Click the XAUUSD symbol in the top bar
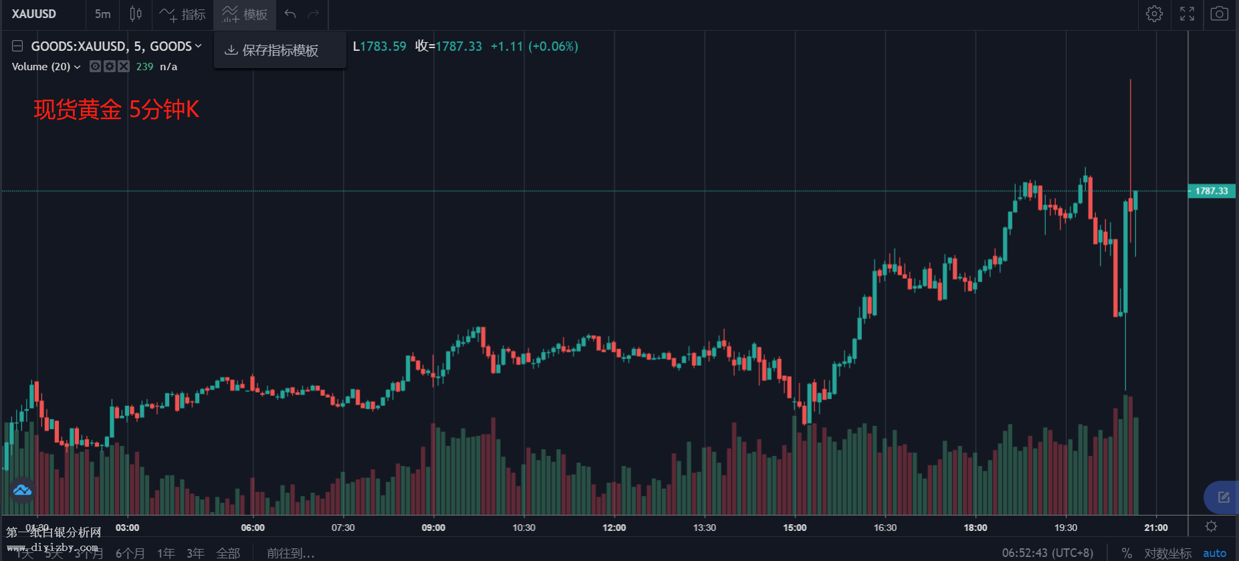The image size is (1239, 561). coord(34,14)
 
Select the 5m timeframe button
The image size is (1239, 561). coord(102,14)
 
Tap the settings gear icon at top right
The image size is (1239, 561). coord(1154,14)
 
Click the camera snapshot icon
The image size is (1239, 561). coord(1219,14)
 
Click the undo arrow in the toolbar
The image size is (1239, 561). coord(290,14)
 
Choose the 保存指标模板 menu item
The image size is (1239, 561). coord(279,50)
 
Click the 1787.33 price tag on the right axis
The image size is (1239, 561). coord(1211,191)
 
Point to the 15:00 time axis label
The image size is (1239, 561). coord(794,528)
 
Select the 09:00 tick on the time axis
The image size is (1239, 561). coord(433,528)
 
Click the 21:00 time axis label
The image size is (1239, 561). coord(1155,528)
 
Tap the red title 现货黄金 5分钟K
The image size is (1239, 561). coord(116,109)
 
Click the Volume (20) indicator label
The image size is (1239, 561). coord(45,67)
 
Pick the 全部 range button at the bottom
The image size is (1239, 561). coord(228,553)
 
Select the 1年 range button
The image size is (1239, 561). coord(166,553)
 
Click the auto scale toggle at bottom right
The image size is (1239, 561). coord(1214,553)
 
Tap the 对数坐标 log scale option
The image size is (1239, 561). coord(1167,553)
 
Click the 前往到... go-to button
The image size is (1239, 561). coord(290,553)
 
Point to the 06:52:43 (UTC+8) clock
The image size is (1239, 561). coord(1047,553)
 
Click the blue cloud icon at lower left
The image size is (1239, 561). coord(22,490)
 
